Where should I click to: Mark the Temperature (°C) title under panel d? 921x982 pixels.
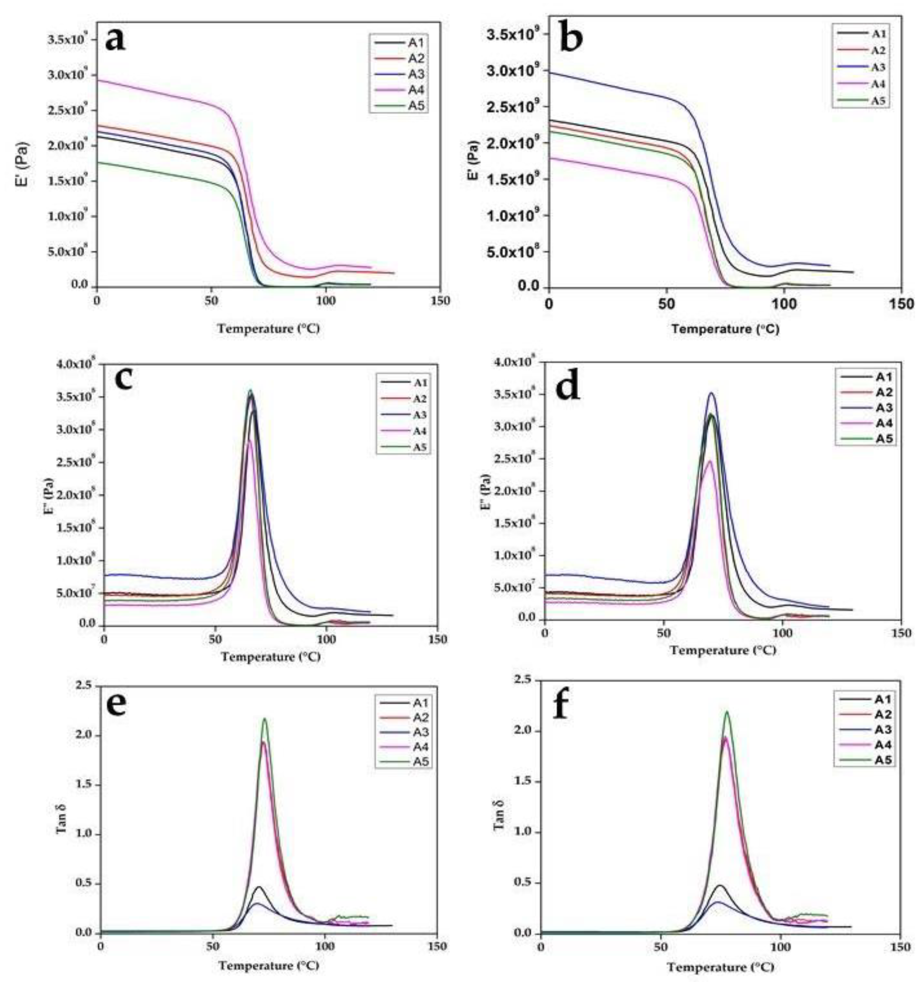point(723,651)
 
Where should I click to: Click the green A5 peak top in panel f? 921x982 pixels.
point(727,712)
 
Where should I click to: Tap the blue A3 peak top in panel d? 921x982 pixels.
point(711,393)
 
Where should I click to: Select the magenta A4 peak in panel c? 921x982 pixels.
point(250,440)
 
